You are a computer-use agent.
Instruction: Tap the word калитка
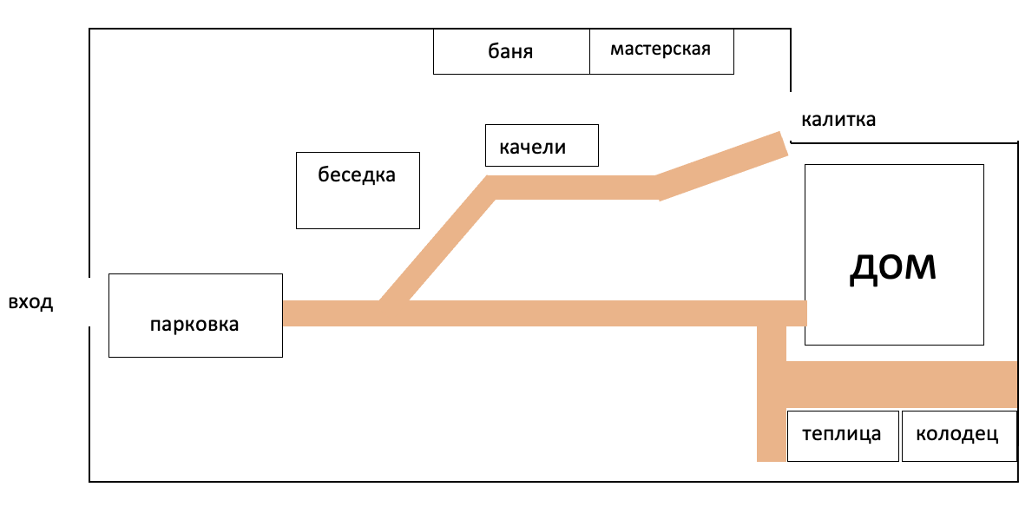point(838,120)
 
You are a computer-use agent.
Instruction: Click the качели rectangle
point(542,145)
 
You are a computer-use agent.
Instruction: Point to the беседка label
point(357,174)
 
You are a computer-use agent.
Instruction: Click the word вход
point(30,303)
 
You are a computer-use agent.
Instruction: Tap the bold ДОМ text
point(893,267)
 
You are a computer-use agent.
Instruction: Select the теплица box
point(841,435)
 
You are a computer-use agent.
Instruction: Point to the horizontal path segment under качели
point(573,188)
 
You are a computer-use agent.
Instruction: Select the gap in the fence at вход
point(90,302)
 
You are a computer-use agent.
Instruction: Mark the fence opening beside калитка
point(791,116)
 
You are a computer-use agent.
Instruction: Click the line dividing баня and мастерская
point(589,52)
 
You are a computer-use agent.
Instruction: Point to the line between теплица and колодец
point(899,435)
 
